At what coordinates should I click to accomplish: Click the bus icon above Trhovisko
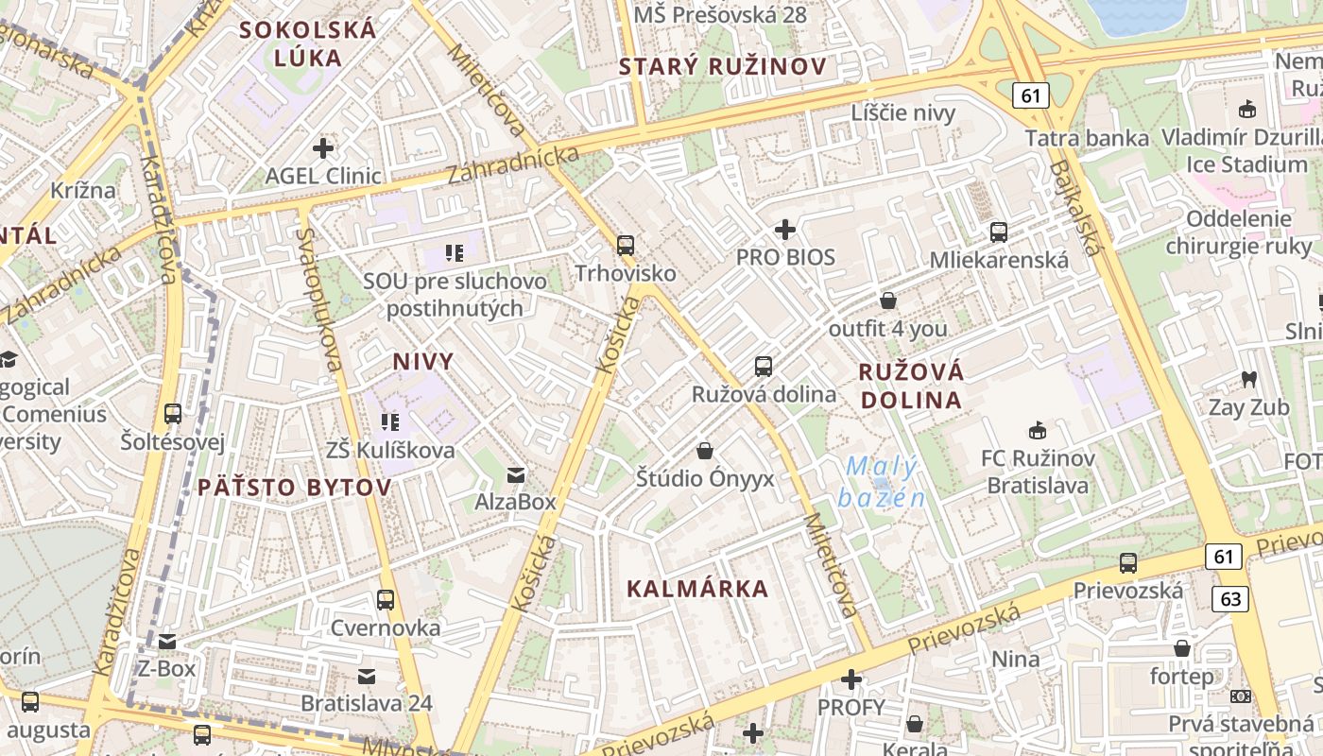(625, 246)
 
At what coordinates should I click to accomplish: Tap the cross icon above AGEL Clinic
(323, 147)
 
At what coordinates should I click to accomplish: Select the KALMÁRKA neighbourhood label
(697, 589)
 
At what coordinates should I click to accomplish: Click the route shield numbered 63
(1230, 599)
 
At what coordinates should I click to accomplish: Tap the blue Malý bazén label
(881, 482)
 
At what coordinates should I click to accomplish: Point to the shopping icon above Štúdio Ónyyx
(704, 451)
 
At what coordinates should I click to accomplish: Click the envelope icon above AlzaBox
(515, 474)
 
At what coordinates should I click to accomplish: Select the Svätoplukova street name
(318, 298)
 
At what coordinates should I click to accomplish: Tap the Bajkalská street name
(1076, 208)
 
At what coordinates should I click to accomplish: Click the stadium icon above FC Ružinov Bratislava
(1038, 431)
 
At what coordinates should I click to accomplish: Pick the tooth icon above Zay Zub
(1248, 380)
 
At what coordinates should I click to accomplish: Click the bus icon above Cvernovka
(385, 599)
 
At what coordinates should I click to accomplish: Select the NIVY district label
(422, 361)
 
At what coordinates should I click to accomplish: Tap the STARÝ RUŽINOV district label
(722, 66)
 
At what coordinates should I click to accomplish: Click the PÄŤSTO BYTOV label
(294, 488)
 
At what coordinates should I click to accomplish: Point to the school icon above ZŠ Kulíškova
(389, 422)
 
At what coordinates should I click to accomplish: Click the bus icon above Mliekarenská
(999, 232)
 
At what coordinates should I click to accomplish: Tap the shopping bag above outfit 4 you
(887, 301)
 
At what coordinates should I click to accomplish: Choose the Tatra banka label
(1087, 139)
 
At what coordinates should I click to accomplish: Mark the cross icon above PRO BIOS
(784, 230)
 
